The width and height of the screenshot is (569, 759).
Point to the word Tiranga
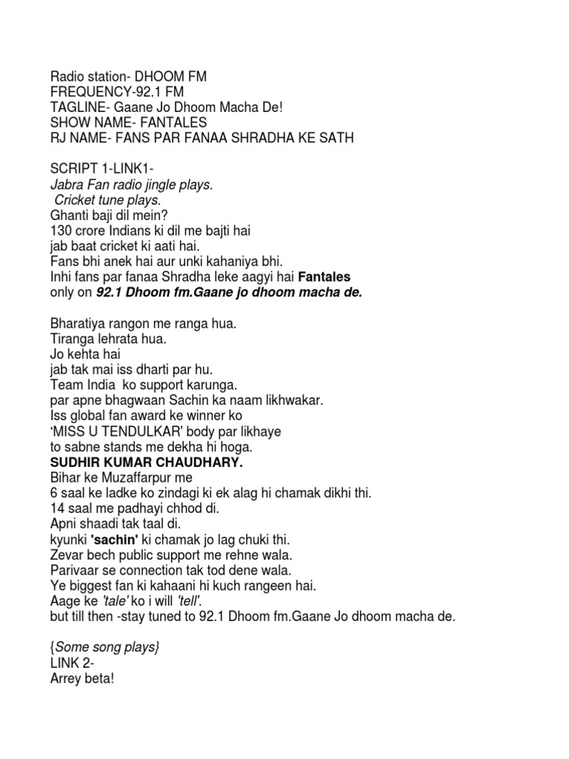pos(72,339)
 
